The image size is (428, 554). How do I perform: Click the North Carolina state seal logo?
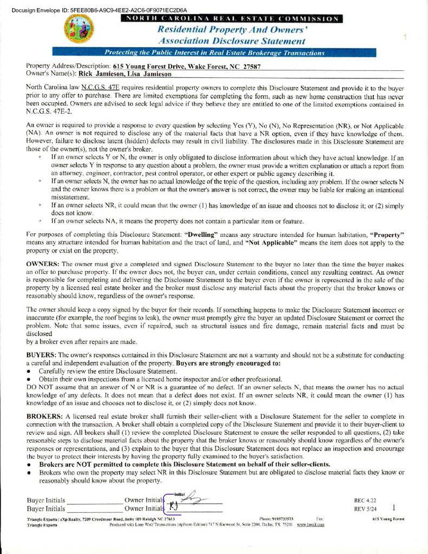point(78,29)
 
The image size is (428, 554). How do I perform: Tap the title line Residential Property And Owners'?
point(232,30)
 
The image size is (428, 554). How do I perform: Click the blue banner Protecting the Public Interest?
point(215,53)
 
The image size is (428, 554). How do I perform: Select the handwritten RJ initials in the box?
point(174,507)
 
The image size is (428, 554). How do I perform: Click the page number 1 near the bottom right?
point(394,507)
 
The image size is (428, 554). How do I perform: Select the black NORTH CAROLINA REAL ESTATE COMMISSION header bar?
point(232,19)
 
